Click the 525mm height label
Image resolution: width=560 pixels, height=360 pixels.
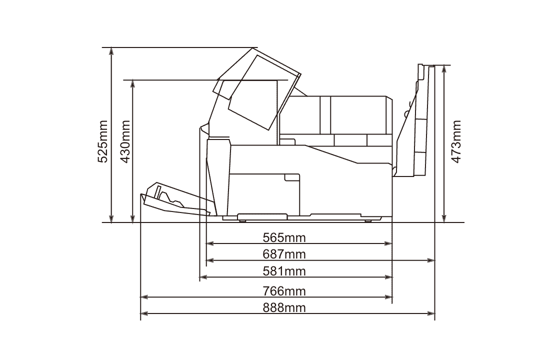[103, 142]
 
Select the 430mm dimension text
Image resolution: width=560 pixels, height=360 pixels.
[125, 142]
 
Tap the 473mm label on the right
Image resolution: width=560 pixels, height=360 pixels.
[456, 142]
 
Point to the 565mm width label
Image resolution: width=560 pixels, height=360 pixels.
[284, 237]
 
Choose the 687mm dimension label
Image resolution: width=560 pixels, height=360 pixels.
[284, 254]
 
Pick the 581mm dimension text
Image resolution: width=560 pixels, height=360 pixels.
[284, 271]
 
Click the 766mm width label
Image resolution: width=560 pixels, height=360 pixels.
[284, 291]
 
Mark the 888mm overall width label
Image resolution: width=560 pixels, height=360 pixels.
[284, 307]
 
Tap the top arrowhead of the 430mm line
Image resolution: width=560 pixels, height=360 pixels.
[133, 84]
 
